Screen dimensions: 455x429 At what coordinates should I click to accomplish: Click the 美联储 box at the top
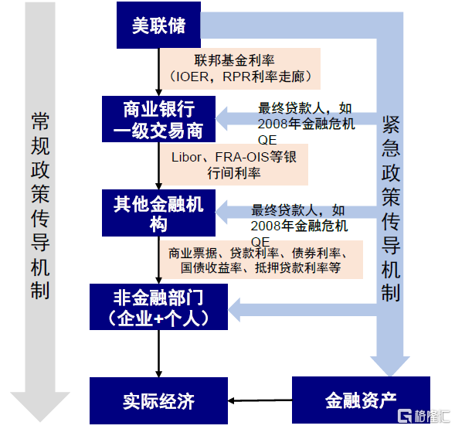pos(158,25)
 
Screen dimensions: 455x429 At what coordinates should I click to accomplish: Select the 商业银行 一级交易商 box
pos(158,119)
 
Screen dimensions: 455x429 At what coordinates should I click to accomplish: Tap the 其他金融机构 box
pos(158,213)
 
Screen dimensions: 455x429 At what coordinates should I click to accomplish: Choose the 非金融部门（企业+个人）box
pos(158,307)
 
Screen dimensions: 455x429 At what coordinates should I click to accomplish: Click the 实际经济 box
pos(158,401)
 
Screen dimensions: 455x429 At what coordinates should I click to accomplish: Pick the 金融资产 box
pos(361,400)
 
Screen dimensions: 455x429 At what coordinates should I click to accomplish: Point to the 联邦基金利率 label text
pos(234,60)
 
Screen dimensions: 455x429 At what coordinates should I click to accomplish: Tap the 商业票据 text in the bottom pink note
pos(193,254)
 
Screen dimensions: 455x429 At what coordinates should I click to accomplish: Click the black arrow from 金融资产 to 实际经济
pos(260,401)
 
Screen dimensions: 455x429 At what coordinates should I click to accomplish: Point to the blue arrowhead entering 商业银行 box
pos(222,119)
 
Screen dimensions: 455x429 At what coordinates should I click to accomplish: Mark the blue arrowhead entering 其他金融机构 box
pos(222,213)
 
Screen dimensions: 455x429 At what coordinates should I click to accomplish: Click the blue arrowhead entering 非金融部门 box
pos(234,310)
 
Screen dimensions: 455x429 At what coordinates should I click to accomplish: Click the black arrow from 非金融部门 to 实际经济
pos(158,354)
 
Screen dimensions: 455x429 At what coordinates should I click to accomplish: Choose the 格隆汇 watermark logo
pos(423,416)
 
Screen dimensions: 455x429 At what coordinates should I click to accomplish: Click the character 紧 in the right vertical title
pos(391,125)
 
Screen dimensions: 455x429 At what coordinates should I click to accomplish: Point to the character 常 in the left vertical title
pos(40,121)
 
